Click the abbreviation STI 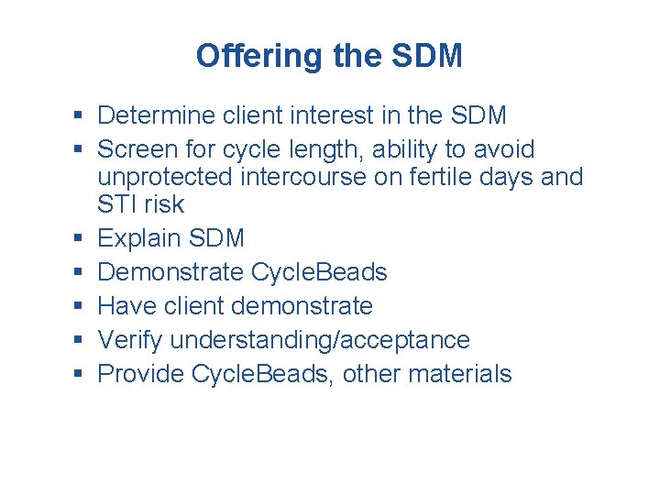click(x=116, y=204)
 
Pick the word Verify click(x=130, y=340)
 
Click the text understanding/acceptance click(x=320, y=340)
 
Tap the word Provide click(x=139, y=374)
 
